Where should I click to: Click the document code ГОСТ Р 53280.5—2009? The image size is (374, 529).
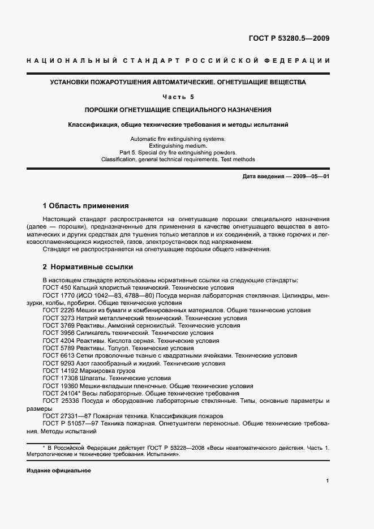289,39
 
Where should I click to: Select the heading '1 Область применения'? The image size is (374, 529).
86,205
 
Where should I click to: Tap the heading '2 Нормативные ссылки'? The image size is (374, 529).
88,266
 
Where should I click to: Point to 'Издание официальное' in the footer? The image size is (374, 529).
58,471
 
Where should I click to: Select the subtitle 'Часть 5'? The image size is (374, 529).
178,97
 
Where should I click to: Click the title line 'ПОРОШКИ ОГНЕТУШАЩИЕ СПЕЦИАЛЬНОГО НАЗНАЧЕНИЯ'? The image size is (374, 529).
178,110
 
